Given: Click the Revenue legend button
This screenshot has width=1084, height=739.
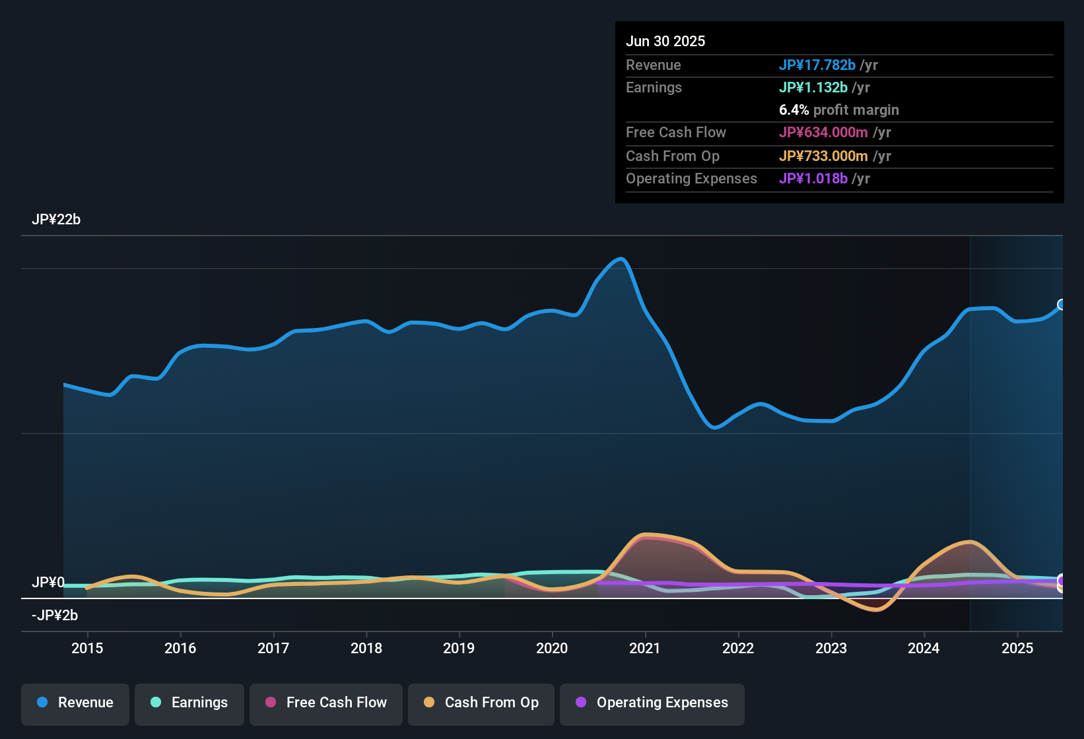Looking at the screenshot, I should click(x=75, y=703).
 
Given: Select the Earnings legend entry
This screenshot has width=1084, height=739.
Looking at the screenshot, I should click(x=189, y=703).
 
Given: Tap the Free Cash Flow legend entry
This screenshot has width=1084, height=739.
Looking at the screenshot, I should click(x=326, y=703).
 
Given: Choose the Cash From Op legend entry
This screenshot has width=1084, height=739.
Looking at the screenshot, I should click(x=481, y=703).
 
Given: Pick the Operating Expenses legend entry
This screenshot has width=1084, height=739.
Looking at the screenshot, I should click(x=652, y=703).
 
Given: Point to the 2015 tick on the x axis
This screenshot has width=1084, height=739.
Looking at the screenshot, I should click(x=87, y=648).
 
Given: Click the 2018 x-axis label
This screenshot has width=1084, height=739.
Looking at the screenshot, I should click(x=366, y=648).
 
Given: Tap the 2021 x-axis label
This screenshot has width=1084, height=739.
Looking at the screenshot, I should click(x=645, y=648).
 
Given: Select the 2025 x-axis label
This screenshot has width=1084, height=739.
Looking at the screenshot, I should click(x=1017, y=648).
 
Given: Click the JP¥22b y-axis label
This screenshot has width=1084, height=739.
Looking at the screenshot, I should click(x=56, y=220).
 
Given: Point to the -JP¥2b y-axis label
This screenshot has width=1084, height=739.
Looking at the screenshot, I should click(x=55, y=616).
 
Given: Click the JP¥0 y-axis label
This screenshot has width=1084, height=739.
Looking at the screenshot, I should click(x=48, y=583).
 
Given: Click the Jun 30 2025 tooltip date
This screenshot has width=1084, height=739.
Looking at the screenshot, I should click(x=665, y=41).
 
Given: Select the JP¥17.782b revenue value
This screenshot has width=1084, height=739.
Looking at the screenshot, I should click(x=817, y=65).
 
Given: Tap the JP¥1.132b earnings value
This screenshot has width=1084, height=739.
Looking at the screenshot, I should click(x=813, y=87).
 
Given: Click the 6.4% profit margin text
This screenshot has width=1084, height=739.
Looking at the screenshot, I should click(x=839, y=110).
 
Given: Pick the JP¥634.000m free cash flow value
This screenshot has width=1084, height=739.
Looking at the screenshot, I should click(x=823, y=132).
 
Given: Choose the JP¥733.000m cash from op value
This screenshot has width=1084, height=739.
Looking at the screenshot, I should click(x=823, y=156).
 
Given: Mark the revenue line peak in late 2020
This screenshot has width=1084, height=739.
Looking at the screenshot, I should click(x=621, y=259).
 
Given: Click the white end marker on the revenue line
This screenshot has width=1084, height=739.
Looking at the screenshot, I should click(x=1062, y=304).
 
